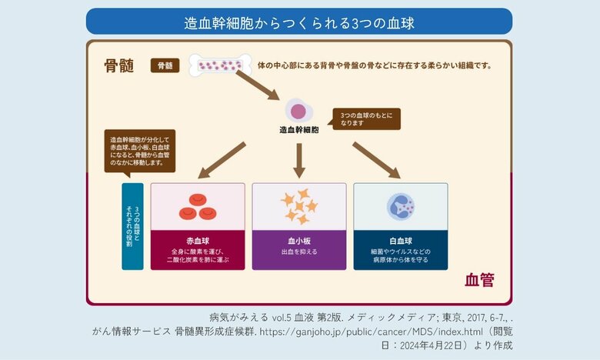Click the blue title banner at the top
tap(299, 22)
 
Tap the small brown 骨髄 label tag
tap(165, 66)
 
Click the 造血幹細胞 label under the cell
tap(298, 131)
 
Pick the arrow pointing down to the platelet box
tap(298, 158)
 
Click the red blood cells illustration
tap(198, 205)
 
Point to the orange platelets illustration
tap(298, 205)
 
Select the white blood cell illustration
tap(400, 205)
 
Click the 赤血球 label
tap(198, 240)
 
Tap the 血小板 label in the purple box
tap(298, 240)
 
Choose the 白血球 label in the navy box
tap(400, 240)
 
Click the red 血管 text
tap(478, 281)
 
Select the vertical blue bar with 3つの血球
tap(132, 226)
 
